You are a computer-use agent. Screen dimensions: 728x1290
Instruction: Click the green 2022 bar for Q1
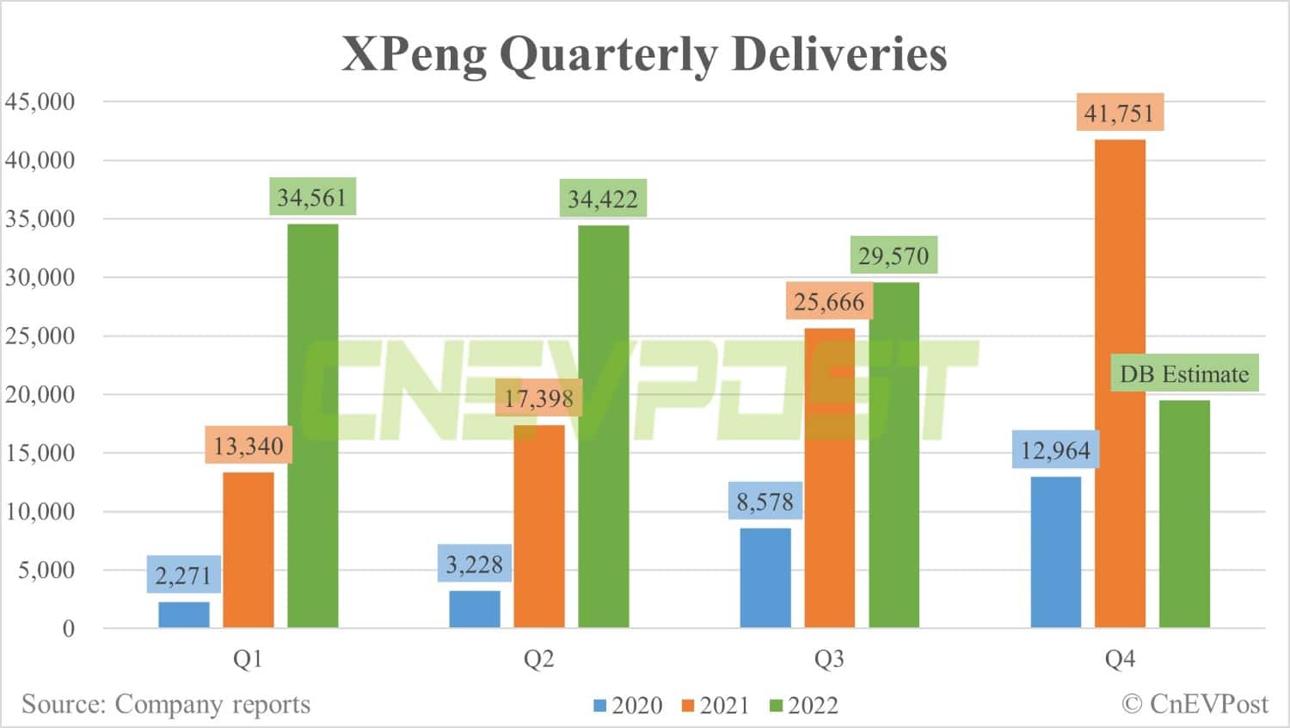[x=312, y=425]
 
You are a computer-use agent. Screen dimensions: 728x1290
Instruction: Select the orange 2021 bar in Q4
[x=1120, y=383]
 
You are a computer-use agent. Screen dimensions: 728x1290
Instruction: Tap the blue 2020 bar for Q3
[x=765, y=577]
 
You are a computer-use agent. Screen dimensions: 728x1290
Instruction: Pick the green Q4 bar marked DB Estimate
[x=1184, y=514]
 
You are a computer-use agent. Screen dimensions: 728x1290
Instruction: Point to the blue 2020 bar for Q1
[x=184, y=614]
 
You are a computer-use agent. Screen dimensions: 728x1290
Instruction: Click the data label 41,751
[x=1120, y=113]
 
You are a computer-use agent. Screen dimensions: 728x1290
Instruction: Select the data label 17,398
[x=538, y=398]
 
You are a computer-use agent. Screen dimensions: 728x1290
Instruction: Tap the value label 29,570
[x=894, y=256]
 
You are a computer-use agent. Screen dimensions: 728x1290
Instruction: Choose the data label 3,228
[x=474, y=565]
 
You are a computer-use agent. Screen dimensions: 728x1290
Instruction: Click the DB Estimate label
[x=1184, y=373]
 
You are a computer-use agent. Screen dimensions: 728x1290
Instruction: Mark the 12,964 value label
[x=1055, y=450]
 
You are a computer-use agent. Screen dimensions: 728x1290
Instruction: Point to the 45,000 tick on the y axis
[x=40, y=102]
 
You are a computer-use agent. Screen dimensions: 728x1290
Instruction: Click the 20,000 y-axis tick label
[x=40, y=394]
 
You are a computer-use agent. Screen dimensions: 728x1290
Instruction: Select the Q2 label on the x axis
[x=538, y=659]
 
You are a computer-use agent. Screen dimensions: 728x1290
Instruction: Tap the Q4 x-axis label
[x=1120, y=659]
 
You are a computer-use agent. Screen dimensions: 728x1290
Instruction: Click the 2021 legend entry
[x=716, y=706]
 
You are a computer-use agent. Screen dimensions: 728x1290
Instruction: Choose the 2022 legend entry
[x=804, y=706]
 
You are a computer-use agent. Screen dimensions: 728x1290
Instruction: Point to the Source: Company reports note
[x=166, y=704]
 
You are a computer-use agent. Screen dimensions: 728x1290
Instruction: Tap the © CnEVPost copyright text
[x=1195, y=704]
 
